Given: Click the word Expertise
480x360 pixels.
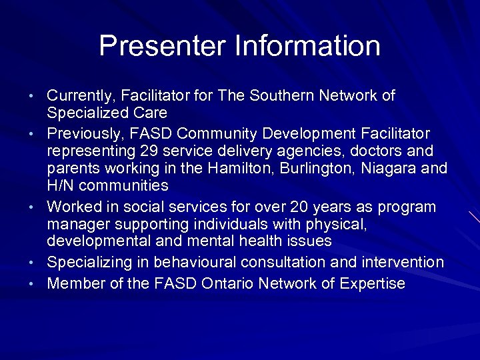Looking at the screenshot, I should pyautogui.click(x=372, y=284).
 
